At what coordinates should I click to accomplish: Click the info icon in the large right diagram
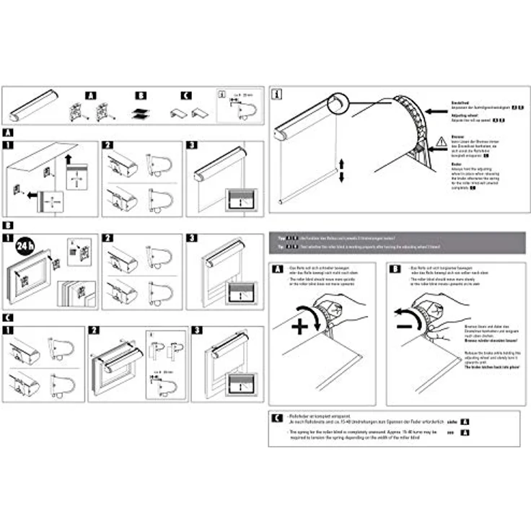(x=278, y=92)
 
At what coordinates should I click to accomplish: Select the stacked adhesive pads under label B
(x=141, y=113)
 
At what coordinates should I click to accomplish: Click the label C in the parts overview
(x=186, y=95)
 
